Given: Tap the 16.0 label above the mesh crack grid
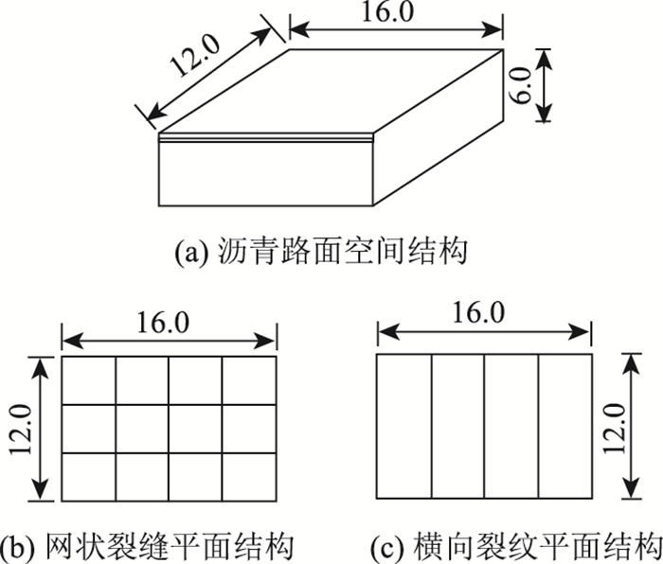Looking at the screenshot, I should (169, 323).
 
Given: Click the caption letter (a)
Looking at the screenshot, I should (188, 254).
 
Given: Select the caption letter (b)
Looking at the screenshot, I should (14, 547).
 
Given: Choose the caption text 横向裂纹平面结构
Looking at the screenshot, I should (526, 547).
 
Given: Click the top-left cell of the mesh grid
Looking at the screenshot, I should (89, 380).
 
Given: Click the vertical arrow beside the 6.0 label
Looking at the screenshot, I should (542, 85).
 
